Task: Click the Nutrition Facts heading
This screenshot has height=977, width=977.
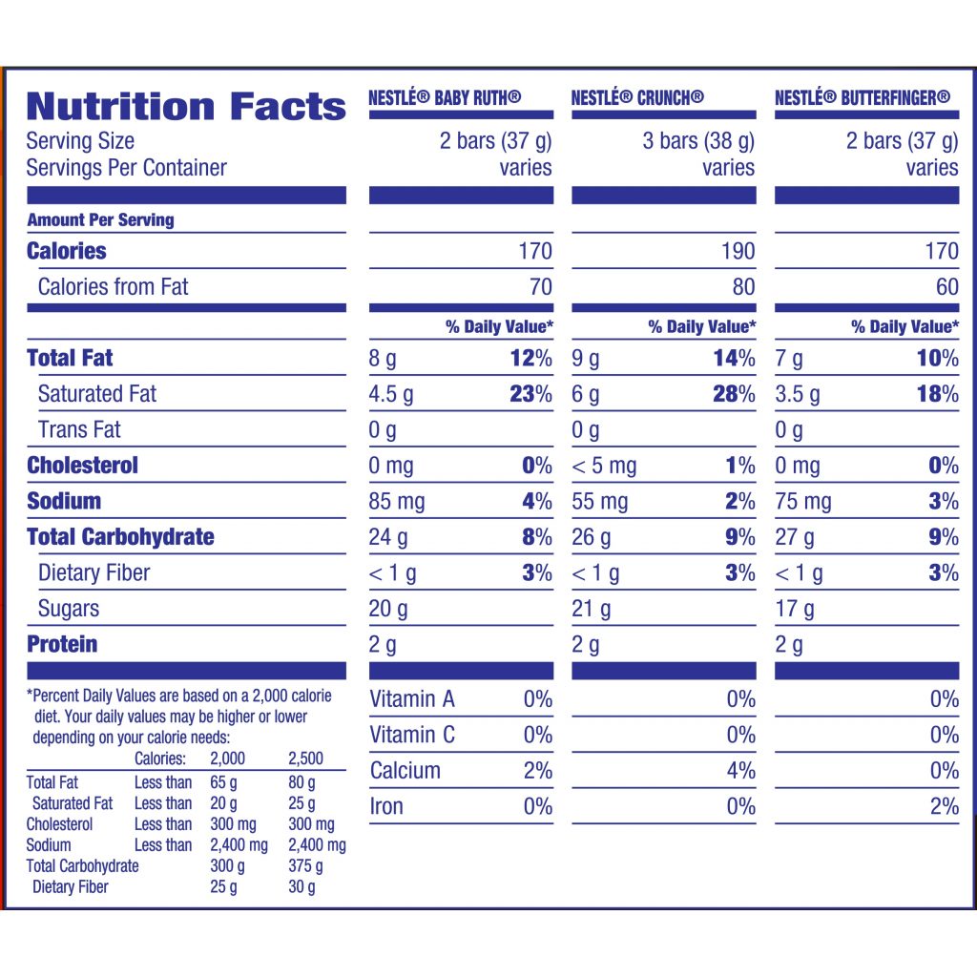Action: pyautogui.click(x=186, y=105)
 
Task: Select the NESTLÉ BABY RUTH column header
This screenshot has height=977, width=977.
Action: pyautogui.click(x=445, y=97)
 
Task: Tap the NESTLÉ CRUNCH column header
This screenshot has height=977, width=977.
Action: pyautogui.click(x=637, y=97)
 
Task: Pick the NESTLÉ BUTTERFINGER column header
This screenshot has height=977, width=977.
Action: pyautogui.click(x=863, y=97)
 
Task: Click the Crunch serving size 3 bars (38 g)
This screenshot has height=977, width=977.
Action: pyautogui.click(x=698, y=141)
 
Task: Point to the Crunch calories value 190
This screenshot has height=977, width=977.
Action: pyautogui.click(x=738, y=251)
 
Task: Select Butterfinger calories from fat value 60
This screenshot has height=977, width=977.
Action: pyautogui.click(x=946, y=287)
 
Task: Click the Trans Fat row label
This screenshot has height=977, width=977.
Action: pyautogui.click(x=79, y=430)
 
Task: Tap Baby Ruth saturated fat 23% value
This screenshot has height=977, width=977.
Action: pyautogui.click(x=530, y=394)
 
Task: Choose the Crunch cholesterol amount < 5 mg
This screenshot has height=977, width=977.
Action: pyautogui.click(x=604, y=466)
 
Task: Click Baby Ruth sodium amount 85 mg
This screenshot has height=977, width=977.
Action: pyautogui.click(x=397, y=502)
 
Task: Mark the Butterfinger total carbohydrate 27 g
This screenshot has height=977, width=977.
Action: pyautogui.click(x=795, y=537)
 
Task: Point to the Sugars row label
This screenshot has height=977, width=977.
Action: pyautogui.click(x=69, y=609)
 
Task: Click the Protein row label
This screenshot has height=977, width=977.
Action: pyautogui.click(x=62, y=644)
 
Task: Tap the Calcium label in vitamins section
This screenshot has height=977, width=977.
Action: pyautogui.click(x=405, y=771)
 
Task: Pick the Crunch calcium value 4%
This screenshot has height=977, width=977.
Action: pyautogui.click(x=740, y=771)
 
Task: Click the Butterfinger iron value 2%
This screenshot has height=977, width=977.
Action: pyautogui.click(x=944, y=806)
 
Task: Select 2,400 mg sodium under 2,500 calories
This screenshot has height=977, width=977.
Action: pyautogui.click(x=317, y=845)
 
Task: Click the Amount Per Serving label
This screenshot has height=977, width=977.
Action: pyautogui.click(x=100, y=219)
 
